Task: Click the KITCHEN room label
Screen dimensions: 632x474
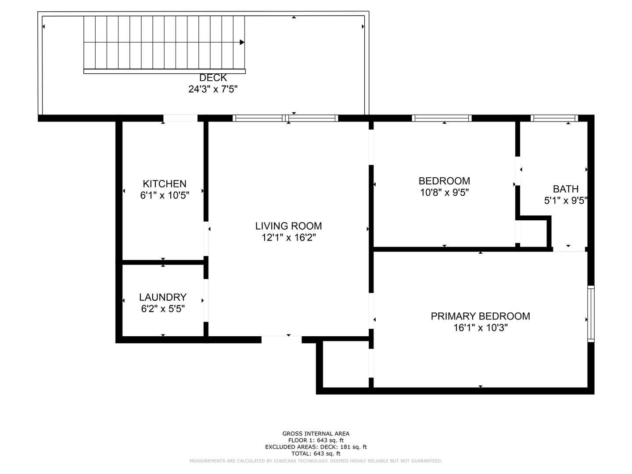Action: click(x=165, y=183)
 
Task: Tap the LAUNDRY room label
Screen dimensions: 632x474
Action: click(x=163, y=297)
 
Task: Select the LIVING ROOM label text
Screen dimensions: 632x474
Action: click(x=288, y=226)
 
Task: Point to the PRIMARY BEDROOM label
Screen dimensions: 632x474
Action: click(x=480, y=316)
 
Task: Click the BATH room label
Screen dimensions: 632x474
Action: click(x=565, y=189)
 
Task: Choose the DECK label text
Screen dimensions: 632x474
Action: click(x=213, y=78)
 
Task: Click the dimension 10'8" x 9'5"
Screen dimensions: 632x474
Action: click(x=444, y=192)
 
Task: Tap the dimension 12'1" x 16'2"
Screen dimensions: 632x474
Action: click(x=288, y=237)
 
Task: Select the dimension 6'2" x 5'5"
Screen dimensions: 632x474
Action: click(x=163, y=309)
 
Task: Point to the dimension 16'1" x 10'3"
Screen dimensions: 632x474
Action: click(x=480, y=328)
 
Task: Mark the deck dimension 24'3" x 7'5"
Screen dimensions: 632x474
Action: click(x=213, y=89)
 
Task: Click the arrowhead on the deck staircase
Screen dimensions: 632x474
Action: click(x=242, y=42)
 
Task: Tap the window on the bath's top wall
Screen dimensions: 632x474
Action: click(x=554, y=118)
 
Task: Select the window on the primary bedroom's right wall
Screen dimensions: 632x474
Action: click(x=591, y=314)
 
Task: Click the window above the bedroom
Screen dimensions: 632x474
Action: click(x=442, y=118)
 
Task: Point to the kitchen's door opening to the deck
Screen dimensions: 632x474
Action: click(x=180, y=118)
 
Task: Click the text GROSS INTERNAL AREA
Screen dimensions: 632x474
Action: click(x=316, y=434)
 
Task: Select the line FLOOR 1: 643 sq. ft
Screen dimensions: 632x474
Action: click(x=316, y=440)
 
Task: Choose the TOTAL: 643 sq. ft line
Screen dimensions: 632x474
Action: click(x=316, y=453)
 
